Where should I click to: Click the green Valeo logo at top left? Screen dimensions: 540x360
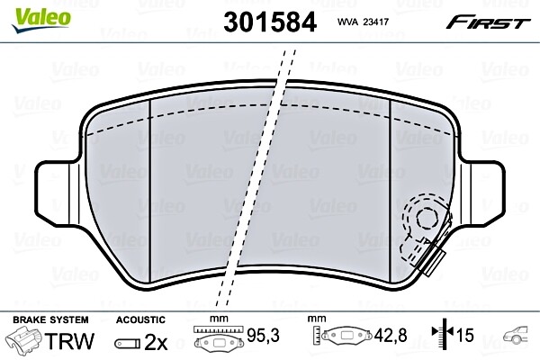click(x=41, y=19)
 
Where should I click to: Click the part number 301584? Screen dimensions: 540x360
click(x=270, y=22)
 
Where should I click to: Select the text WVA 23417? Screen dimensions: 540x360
click(x=363, y=22)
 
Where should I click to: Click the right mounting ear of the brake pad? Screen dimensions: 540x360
click(x=483, y=191)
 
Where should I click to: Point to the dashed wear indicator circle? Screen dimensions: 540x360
click(x=427, y=218)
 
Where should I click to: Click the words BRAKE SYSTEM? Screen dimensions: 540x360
click(x=50, y=319)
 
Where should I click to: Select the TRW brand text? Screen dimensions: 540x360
click(x=69, y=341)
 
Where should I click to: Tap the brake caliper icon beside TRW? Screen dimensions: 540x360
click(x=23, y=339)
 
